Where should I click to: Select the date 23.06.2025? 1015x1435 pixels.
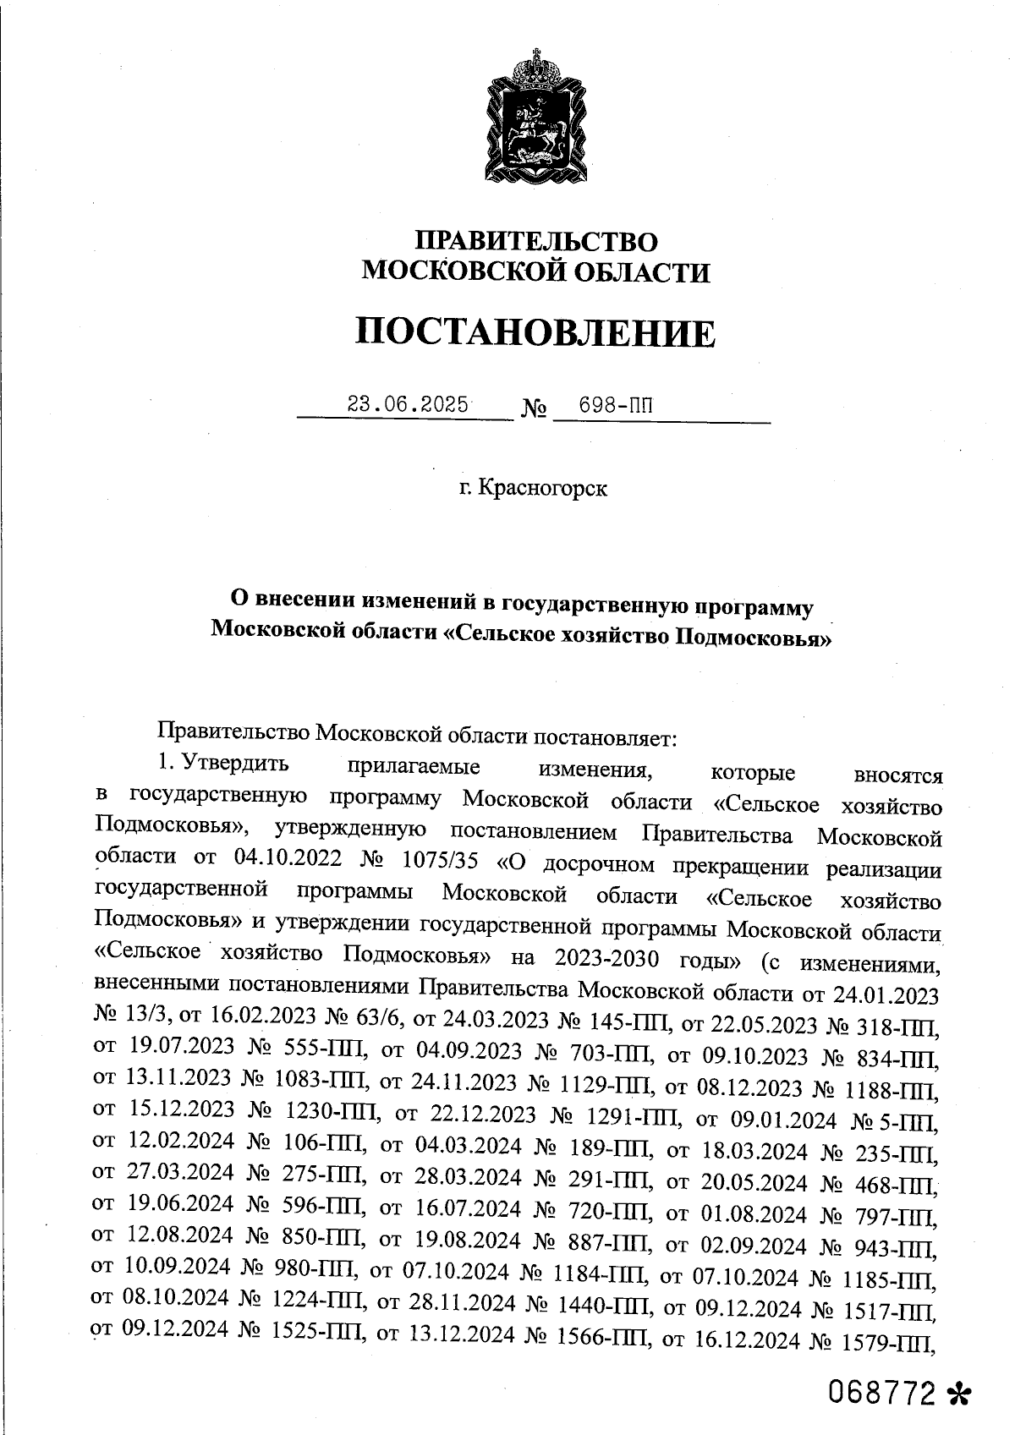(409, 404)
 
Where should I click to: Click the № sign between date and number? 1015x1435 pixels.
(534, 410)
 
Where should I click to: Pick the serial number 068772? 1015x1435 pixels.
(885, 1392)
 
